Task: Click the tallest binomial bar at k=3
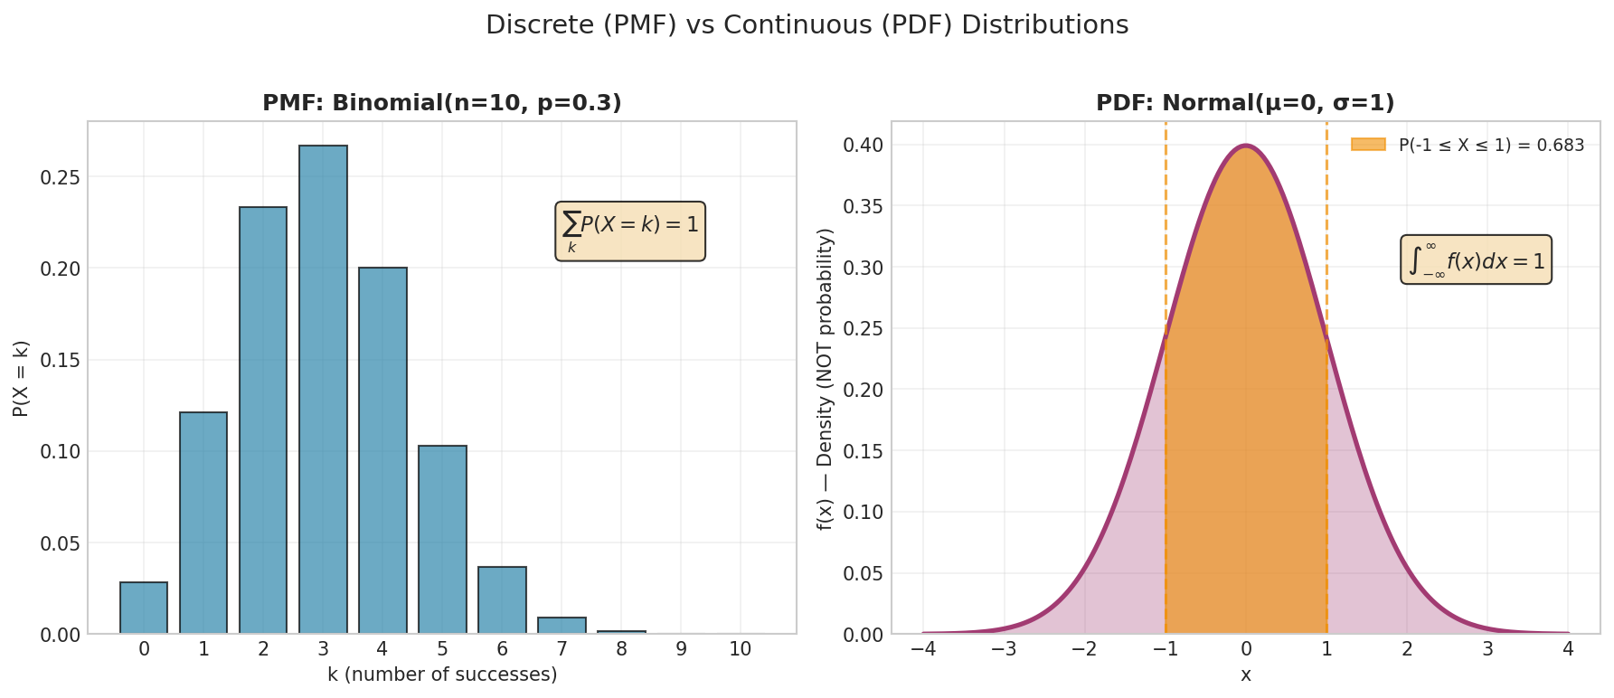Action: [323, 389]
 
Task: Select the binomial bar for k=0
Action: [144, 608]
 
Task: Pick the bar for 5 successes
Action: [442, 539]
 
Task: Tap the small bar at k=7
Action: [562, 626]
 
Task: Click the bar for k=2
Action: [263, 420]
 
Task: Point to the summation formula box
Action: [630, 231]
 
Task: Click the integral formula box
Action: [1476, 260]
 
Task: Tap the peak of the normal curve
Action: [1246, 146]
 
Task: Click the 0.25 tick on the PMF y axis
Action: [61, 177]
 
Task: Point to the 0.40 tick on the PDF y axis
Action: [864, 146]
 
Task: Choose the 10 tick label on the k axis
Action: [740, 649]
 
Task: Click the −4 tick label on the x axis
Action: [922, 649]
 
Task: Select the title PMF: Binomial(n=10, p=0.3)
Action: [442, 103]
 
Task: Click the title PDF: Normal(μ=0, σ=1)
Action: [1245, 103]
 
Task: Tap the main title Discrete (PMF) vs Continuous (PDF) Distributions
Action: [807, 25]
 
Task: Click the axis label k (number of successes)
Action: [442, 674]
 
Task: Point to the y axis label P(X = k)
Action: [21, 378]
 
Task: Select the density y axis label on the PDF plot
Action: [825, 378]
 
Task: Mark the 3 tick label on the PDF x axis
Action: [1487, 649]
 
